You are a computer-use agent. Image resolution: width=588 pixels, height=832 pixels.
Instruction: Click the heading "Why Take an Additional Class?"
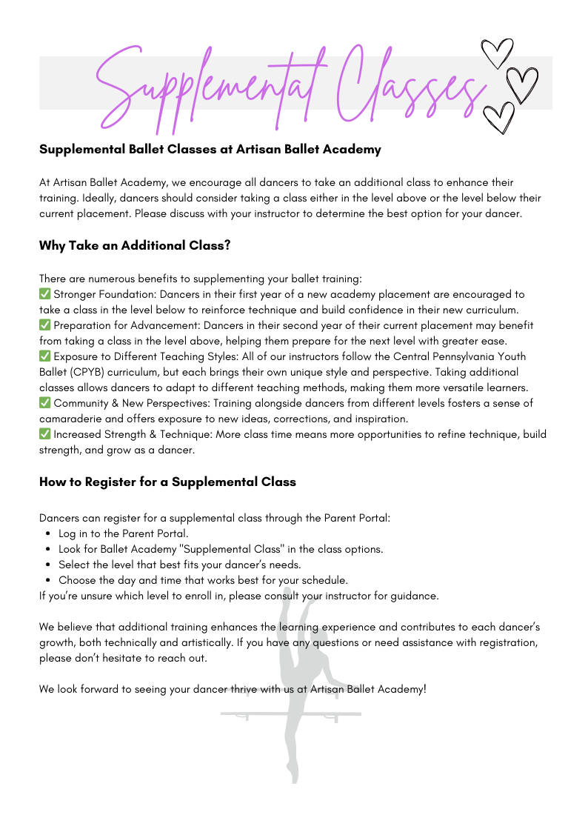135,245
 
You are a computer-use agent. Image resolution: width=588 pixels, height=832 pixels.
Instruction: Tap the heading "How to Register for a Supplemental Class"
167,482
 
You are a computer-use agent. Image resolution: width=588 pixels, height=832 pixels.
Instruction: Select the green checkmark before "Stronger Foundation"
44,294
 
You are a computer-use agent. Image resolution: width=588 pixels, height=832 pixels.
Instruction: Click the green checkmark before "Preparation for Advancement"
44,325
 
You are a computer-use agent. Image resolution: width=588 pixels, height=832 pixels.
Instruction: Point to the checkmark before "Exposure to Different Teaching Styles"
44,356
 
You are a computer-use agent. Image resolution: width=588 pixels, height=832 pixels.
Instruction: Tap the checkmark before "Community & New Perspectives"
44,403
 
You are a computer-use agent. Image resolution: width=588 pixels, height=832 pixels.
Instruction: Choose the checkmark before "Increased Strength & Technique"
44,434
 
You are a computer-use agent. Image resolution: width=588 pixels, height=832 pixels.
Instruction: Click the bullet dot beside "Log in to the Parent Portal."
48,533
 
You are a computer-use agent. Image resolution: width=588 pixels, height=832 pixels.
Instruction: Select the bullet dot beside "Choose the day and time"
48,580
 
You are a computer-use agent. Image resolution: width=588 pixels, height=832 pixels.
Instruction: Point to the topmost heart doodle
496,52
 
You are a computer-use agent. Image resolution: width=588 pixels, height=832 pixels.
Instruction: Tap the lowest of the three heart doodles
498,118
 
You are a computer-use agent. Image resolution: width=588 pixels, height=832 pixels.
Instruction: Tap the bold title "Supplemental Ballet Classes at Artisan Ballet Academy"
210,149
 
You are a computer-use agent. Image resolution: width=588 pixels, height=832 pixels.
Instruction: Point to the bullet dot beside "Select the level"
48,565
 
